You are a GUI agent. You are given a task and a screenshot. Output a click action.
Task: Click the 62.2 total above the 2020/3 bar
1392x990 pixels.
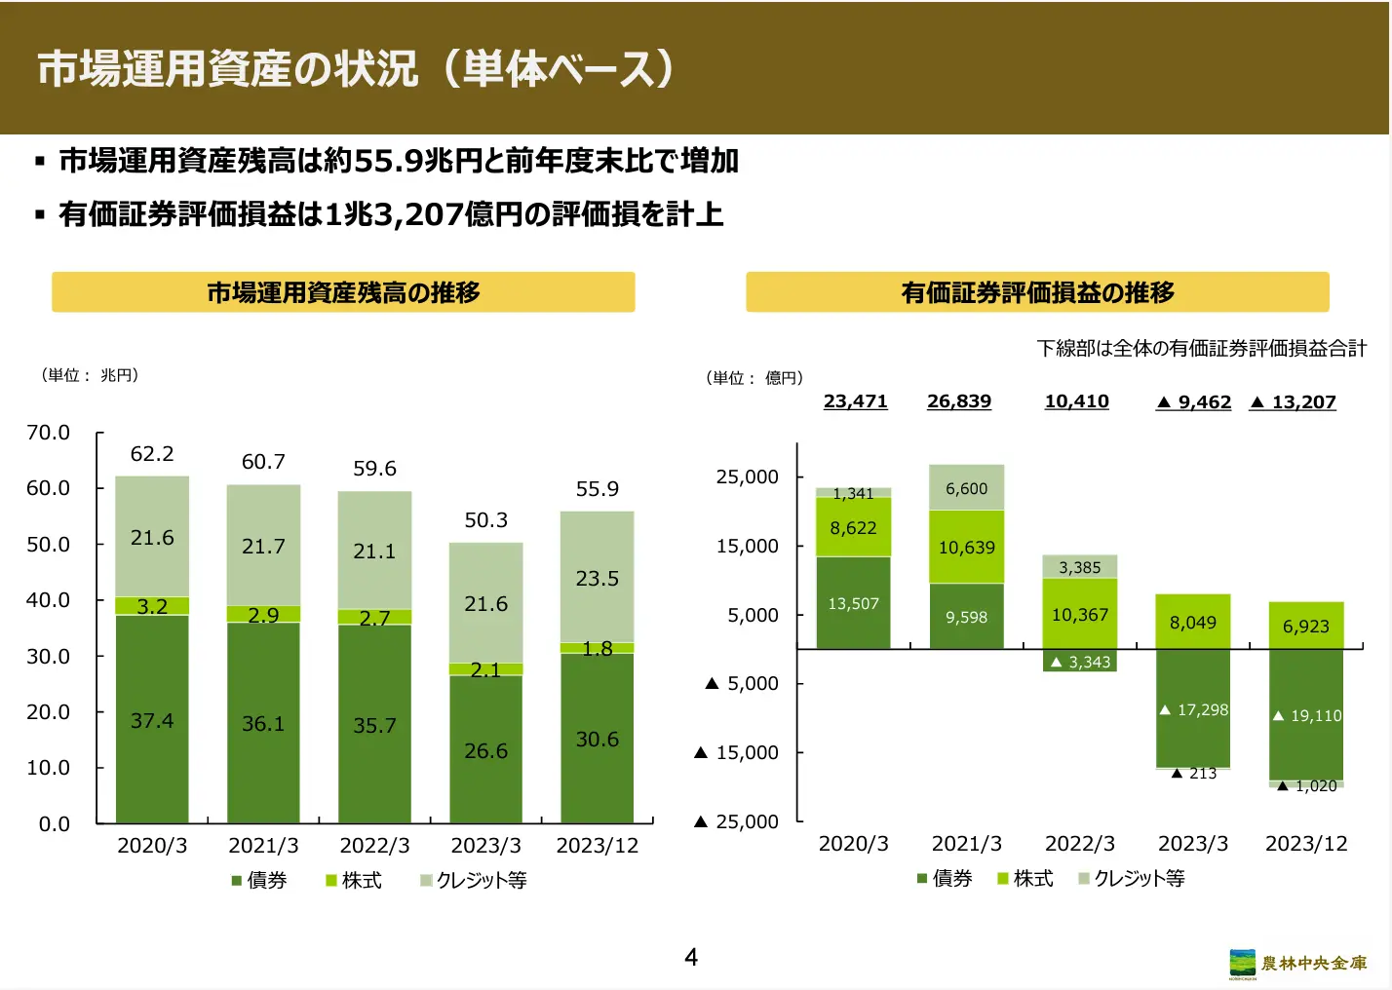coord(152,454)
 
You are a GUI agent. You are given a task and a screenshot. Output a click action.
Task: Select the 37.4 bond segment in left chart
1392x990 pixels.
coord(152,720)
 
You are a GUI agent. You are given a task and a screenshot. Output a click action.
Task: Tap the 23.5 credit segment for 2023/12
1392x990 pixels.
coord(597,578)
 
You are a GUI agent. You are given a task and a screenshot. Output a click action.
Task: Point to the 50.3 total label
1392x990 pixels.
coord(485,520)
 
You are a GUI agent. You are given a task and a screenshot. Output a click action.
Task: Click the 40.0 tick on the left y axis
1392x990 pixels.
coord(49,600)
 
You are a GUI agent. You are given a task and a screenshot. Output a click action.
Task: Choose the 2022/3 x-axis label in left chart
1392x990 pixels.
coord(374,845)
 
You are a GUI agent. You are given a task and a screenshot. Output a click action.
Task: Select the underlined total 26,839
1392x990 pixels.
coord(959,401)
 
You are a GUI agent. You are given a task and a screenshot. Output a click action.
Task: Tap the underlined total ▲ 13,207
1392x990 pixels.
coord(1293,402)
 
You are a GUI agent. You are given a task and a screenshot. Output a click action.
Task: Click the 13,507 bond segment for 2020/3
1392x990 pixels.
coord(853,603)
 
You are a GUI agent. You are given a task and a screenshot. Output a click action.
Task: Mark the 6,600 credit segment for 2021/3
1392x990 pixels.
coord(966,488)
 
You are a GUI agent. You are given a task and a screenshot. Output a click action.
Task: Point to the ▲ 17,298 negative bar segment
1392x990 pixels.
coord(1193,709)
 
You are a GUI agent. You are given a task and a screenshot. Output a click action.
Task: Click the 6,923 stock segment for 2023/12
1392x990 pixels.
coord(1305,626)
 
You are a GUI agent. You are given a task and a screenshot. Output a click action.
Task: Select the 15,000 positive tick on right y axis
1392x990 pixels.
coord(748,547)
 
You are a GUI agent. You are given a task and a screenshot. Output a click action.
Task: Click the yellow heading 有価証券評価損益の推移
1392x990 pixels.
coord(1037,292)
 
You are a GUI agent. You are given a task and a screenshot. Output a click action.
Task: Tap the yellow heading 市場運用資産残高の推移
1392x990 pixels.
coord(343,292)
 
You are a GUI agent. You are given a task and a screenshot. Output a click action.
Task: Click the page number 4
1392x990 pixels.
coord(691,957)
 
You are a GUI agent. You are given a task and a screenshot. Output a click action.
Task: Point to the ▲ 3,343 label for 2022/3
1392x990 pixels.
coord(1080,662)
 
